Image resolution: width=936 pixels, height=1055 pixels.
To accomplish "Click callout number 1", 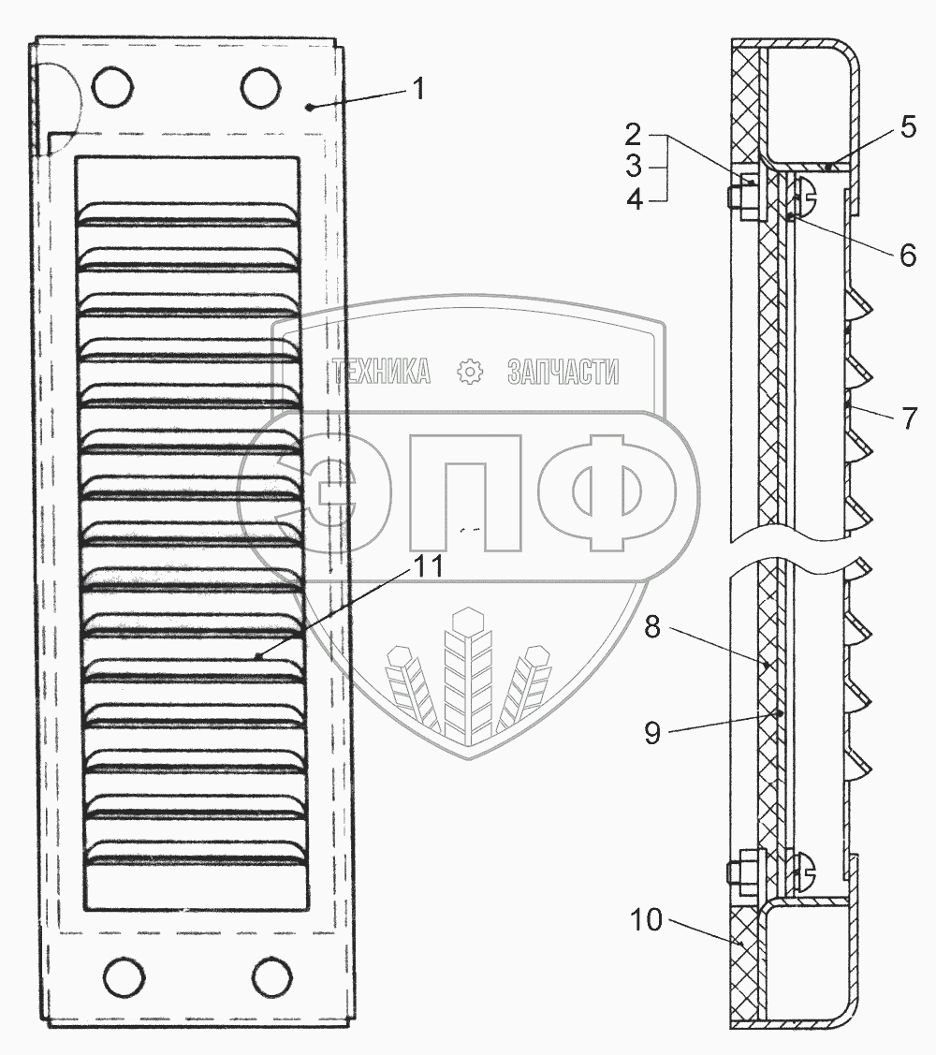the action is click(x=418, y=90).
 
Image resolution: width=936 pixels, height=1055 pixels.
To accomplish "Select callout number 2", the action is click(x=633, y=136).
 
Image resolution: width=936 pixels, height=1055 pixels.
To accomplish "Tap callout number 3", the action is click(x=633, y=167).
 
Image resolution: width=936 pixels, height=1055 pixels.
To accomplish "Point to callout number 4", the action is click(x=634, y=199).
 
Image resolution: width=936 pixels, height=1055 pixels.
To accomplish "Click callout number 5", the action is click(x=909, y=127).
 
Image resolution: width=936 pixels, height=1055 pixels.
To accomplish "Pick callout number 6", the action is click(x=908, y=255).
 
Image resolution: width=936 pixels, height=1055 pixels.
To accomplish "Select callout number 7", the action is click(x=909, y=418).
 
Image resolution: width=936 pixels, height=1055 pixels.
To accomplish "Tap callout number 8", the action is click(x=652, y=627).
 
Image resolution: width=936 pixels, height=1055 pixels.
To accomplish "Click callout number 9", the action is click(x=652, y=733).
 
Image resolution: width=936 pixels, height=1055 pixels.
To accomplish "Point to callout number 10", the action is click(x=646, y=920).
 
